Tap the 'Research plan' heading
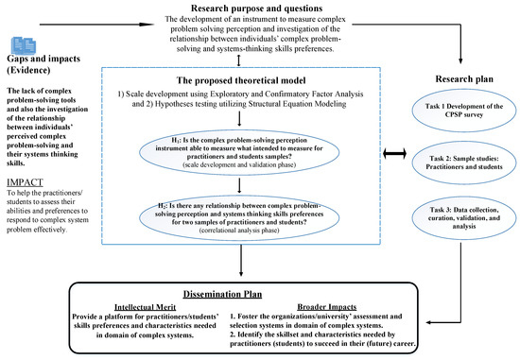(459, 79)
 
